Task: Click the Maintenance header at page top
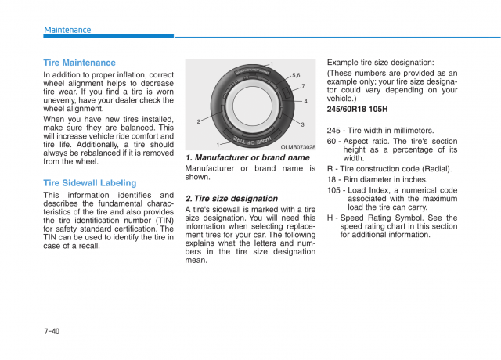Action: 67,30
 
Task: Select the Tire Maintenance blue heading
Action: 79,63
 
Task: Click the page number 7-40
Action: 52,331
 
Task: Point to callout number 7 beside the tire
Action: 303,85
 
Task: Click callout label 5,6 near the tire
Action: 296,75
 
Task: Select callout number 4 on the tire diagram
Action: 305,102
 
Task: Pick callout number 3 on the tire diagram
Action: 302,125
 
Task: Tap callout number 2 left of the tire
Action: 199,121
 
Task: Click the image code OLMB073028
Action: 297,147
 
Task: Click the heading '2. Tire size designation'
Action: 232,199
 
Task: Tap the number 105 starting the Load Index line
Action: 334,189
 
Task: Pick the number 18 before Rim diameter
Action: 332,178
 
